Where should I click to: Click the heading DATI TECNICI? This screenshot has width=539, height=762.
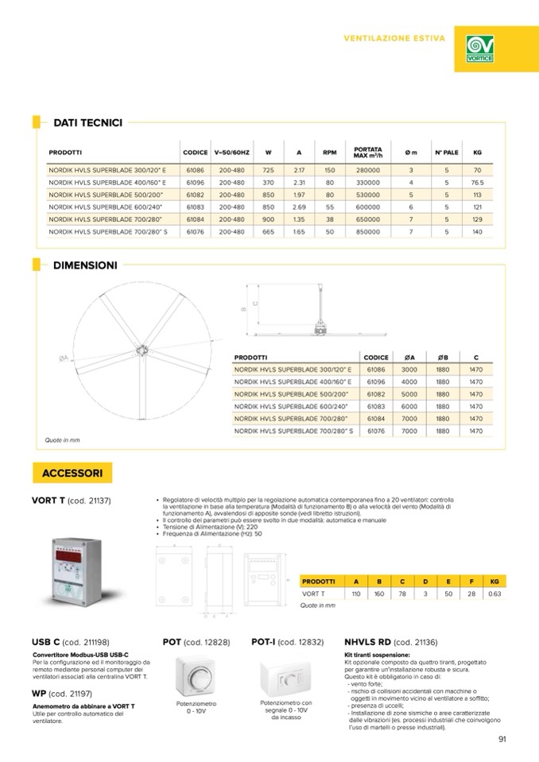pos(87,122)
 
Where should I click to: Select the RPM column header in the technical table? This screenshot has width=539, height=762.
pos(329,152)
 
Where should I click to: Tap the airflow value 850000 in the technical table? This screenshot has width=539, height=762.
pos(367,231)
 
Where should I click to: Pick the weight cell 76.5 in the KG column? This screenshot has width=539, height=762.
pos(477,182)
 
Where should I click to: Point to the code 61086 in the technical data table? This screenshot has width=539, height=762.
pos(196,170)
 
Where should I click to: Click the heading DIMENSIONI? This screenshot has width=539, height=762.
pos(85,265)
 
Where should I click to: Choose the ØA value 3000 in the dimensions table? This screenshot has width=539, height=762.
pos(409,369)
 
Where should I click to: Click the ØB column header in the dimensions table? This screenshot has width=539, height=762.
pos(443,358)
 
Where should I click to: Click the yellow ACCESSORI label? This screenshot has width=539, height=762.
pos(72,473)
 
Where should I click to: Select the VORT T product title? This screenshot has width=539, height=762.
pos(48,501)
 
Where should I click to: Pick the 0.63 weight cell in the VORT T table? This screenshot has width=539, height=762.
pos(494,593)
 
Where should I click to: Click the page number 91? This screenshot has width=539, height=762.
pos(502,740)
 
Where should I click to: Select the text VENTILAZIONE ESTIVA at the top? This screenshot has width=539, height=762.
pos(394,37)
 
